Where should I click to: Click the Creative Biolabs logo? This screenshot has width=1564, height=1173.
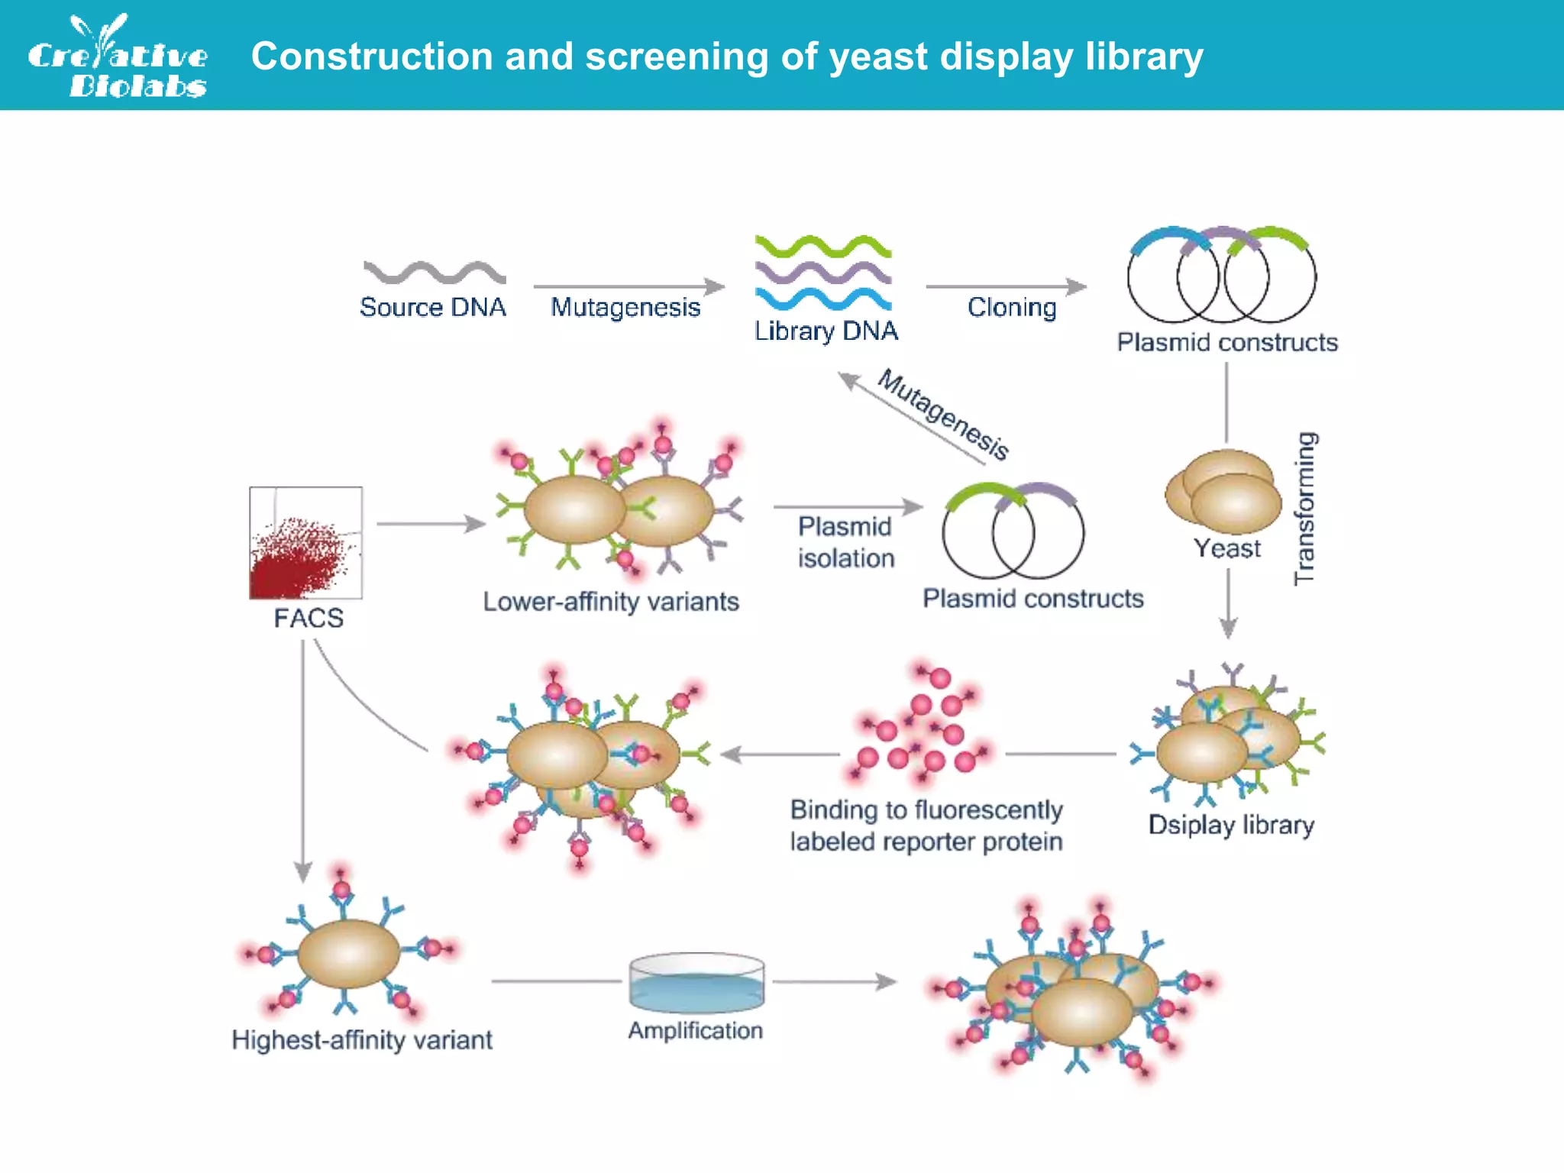click(x=118, y=57)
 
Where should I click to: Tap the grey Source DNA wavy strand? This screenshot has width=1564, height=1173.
click(x=434, y=273)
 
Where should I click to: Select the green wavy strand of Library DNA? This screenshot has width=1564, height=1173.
click(x=822, y=247)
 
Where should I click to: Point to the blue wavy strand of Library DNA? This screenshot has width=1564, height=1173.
click(x=822, y=299)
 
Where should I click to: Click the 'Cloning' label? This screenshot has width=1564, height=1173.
click(x=1012, y=307)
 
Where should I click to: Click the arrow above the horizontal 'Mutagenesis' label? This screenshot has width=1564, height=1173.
click(x=629, y=286)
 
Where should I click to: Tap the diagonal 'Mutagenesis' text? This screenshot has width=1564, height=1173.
click(x=943, y=415)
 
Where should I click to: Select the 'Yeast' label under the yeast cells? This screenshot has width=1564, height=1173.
click(x=1226, y=548)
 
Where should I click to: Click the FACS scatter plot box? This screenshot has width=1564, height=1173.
click(x=305, y=543)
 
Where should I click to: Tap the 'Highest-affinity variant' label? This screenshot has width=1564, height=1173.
click(x=362, y=1040)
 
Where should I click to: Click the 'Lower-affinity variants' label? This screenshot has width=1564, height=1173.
click(x=611, y=602)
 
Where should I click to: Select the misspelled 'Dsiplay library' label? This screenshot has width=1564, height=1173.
click(x=1231, y=825)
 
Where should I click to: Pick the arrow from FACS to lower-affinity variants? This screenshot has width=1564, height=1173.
click(x=431, y=524)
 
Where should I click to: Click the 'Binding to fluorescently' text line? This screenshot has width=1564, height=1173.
click(x=926, y=809)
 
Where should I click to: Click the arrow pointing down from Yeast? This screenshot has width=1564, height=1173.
click(x=1227, y=604)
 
